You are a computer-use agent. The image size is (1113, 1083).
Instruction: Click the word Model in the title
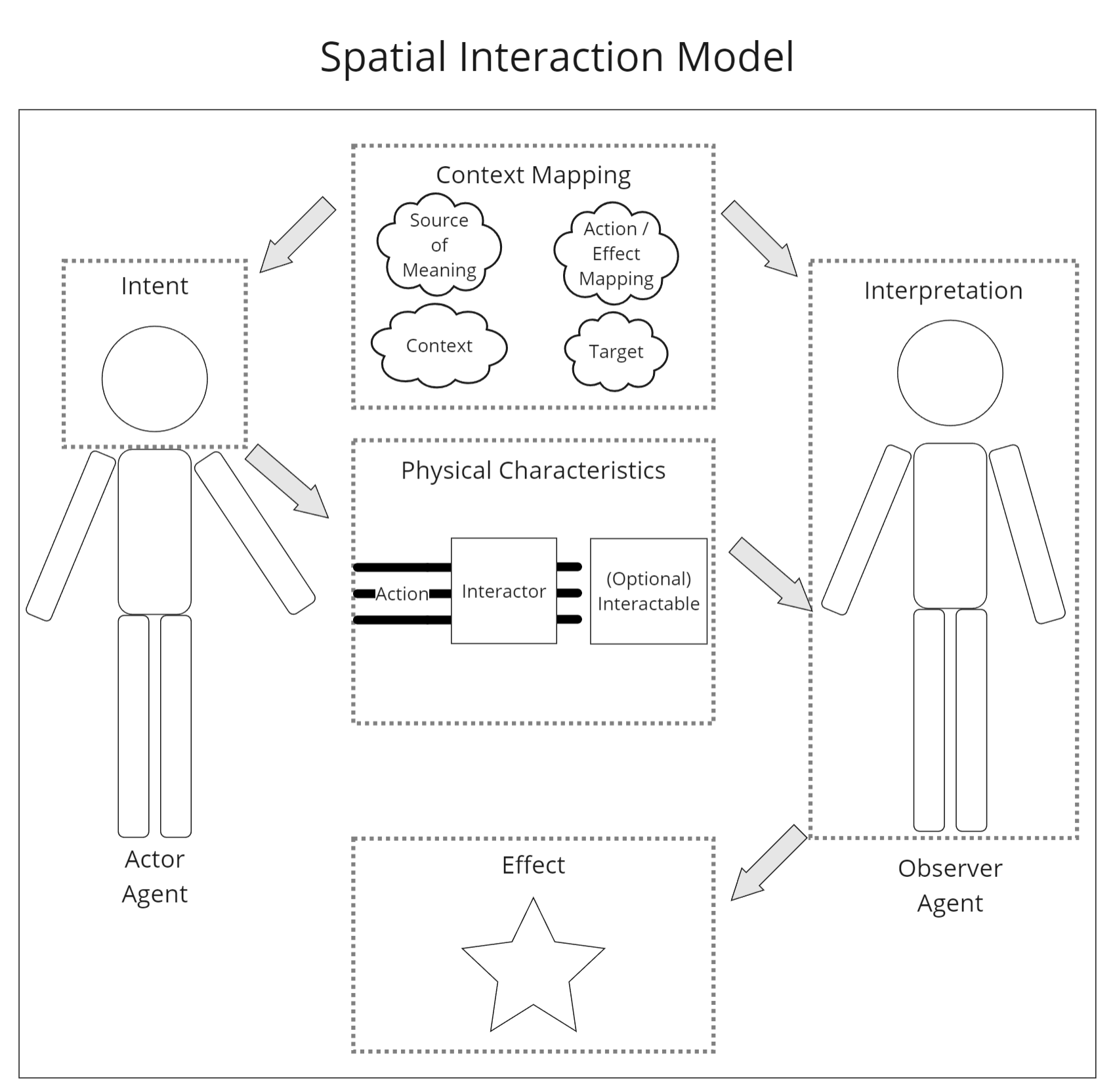coord(735,56)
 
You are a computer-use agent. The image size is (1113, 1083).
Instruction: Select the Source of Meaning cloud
coord(439,245)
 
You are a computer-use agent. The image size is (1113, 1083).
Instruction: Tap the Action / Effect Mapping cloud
coord(616,253)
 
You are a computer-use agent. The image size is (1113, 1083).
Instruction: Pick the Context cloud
coord(439,345)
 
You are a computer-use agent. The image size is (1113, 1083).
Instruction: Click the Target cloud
coord(616,352)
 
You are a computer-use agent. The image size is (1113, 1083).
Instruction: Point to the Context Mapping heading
coord(533,175)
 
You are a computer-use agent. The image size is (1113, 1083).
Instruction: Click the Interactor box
coord(503,591)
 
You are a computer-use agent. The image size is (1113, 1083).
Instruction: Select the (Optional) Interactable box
coord(648,591)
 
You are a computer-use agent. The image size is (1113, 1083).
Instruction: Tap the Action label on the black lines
coord(402,594)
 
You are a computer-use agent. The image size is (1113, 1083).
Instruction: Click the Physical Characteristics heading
coord(533,470)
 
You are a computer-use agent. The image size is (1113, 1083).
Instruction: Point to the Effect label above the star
coord(533,865)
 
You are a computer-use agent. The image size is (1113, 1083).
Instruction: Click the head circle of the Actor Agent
coord(155,379)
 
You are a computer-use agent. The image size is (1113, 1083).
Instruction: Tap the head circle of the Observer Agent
coord(950,373)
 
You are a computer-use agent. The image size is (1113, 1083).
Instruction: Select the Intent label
coord(155,286)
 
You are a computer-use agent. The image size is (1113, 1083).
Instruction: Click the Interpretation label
coord(943,290)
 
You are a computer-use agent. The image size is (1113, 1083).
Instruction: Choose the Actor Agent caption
coord(155,876)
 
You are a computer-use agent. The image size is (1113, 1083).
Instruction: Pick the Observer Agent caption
coord(950,885)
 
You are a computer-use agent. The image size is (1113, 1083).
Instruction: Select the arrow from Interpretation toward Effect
coord(768,862)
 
